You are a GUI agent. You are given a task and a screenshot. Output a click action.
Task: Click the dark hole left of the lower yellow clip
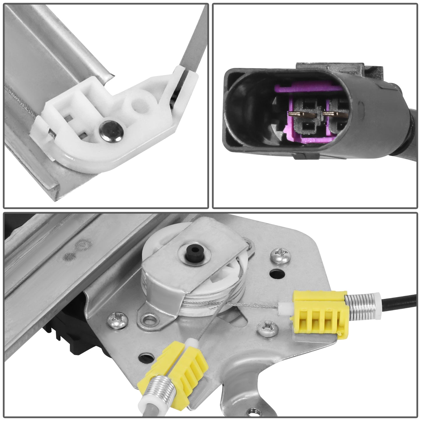point(145,358)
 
